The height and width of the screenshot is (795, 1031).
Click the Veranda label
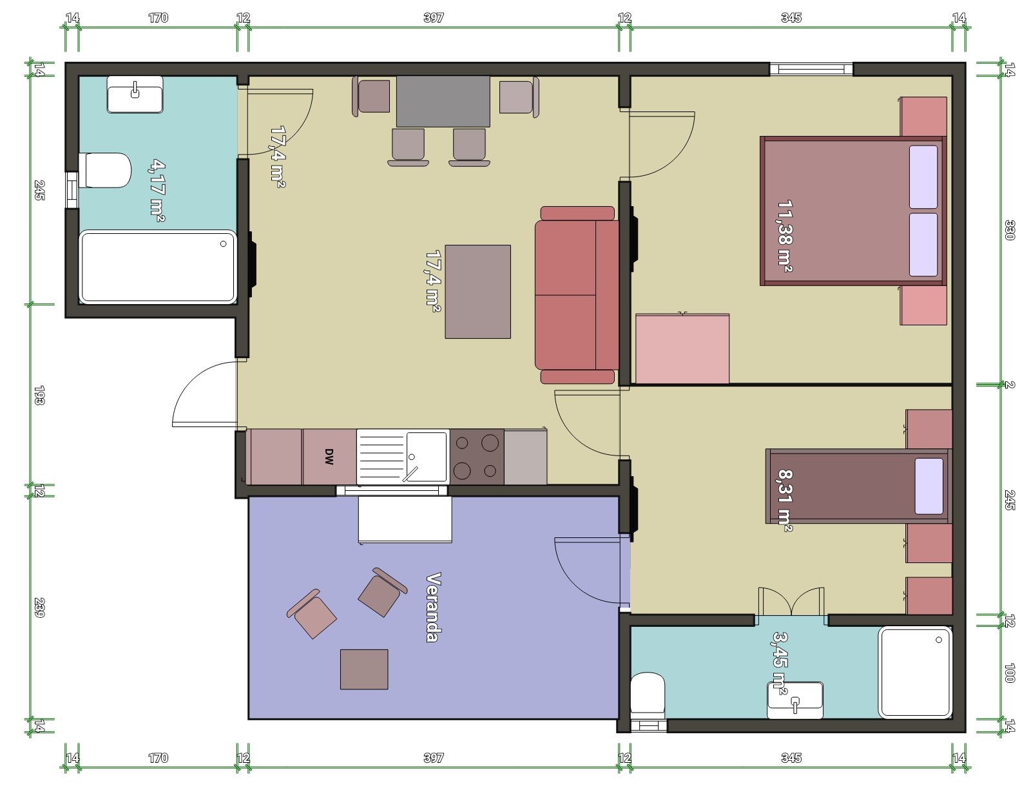click(x=434, y=607)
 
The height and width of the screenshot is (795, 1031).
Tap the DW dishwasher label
click(x=329, y=457)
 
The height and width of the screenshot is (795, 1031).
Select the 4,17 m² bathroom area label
click(x=157, y=190)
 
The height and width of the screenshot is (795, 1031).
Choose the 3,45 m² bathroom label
click(x=780, y=662)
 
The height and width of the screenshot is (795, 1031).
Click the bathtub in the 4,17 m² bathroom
click(x=157, y=267)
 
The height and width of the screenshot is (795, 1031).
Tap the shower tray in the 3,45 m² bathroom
click(x=915, y=672)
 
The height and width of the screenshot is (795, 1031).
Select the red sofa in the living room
click(x=577, y=294)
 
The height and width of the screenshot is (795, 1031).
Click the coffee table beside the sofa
click(x=477, y=292)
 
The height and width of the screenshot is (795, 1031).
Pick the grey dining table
click(x=443, y=101)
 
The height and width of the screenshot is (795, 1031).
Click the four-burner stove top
click(x=477, y=457)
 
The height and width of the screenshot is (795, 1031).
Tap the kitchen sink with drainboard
click(x=403, y=457)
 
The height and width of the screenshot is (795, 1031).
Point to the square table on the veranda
click(x=364, y=669)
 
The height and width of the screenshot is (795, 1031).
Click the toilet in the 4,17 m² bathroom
click(x=105, y=170)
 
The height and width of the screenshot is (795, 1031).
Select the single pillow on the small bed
click(x=929, y=486)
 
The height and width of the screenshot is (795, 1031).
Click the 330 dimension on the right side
click(x=1010, y=229)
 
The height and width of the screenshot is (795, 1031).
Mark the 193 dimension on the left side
click(x=39, y=395)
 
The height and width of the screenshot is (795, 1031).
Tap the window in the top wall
click(x=811, y=69)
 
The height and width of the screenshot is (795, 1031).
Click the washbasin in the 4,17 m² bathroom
click(x=135, y=95)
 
